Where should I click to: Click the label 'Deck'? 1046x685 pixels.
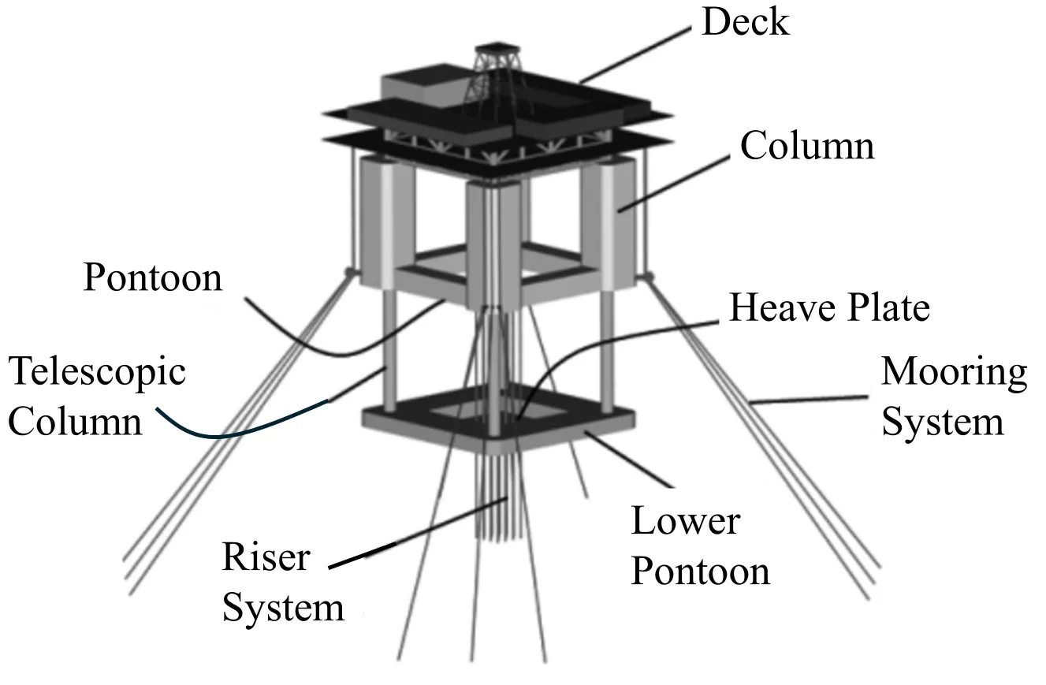[744, 22]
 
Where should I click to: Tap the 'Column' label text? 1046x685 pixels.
[806, 147]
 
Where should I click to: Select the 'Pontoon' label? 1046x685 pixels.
[153, 277]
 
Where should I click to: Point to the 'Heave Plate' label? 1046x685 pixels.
[828, 308]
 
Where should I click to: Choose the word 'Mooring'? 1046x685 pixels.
[954, 371]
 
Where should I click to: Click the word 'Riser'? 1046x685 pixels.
[266, 557]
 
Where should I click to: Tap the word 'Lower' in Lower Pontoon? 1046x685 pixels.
[685, 521]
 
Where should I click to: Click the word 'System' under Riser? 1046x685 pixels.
[283, 609]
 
